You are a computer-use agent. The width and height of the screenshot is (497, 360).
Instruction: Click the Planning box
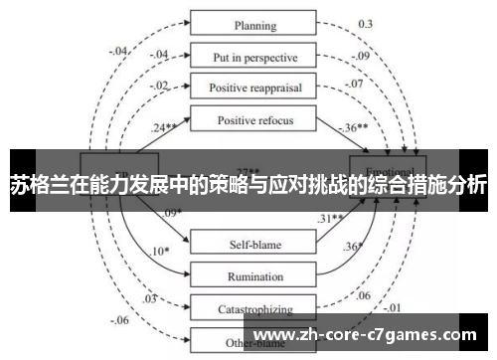click(254, 24)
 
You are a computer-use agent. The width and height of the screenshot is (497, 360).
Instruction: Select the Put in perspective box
click(254, 56)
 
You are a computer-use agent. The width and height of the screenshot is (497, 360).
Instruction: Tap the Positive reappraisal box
click(254, 87)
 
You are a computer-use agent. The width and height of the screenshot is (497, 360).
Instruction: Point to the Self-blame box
click(254, 241)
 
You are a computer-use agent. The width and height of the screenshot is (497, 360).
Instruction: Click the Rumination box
click(254, 275)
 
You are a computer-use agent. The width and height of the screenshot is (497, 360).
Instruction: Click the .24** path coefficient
click(164, 127)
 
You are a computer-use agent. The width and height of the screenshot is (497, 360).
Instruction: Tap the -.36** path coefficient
click(354, 128)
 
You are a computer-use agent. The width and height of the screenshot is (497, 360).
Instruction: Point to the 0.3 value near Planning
click(366, 23)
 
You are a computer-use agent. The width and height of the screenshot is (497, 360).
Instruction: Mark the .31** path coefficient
click(331, 218)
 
